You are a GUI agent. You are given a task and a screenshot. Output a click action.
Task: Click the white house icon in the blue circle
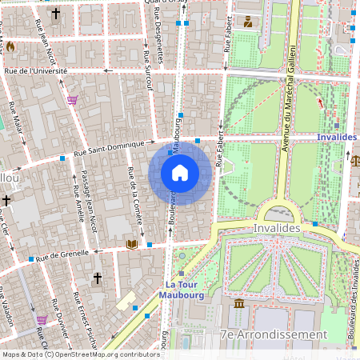tap(180, 173)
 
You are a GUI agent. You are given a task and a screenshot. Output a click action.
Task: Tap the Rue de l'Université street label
tap(36, 71)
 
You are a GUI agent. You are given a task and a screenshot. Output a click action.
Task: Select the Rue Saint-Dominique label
tap(108, 147)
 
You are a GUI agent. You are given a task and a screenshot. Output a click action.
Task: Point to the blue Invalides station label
tap(336, 137)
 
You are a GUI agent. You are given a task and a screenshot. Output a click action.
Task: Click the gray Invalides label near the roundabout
tap(277, 228)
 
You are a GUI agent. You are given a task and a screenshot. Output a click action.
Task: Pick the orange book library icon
tap(131, 243)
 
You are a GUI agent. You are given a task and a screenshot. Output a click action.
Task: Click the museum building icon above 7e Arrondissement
tap(239, 305)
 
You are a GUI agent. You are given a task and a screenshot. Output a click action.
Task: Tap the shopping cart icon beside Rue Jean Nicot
tap(73, 100)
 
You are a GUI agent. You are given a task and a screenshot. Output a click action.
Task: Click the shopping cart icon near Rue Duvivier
tap(42, 319)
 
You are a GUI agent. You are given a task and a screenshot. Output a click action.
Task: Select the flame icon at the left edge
tap(10, 46)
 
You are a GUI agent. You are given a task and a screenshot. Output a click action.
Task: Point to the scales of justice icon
tap(355, 159)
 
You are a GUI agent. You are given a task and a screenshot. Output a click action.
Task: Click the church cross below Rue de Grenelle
tap(98, 278)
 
